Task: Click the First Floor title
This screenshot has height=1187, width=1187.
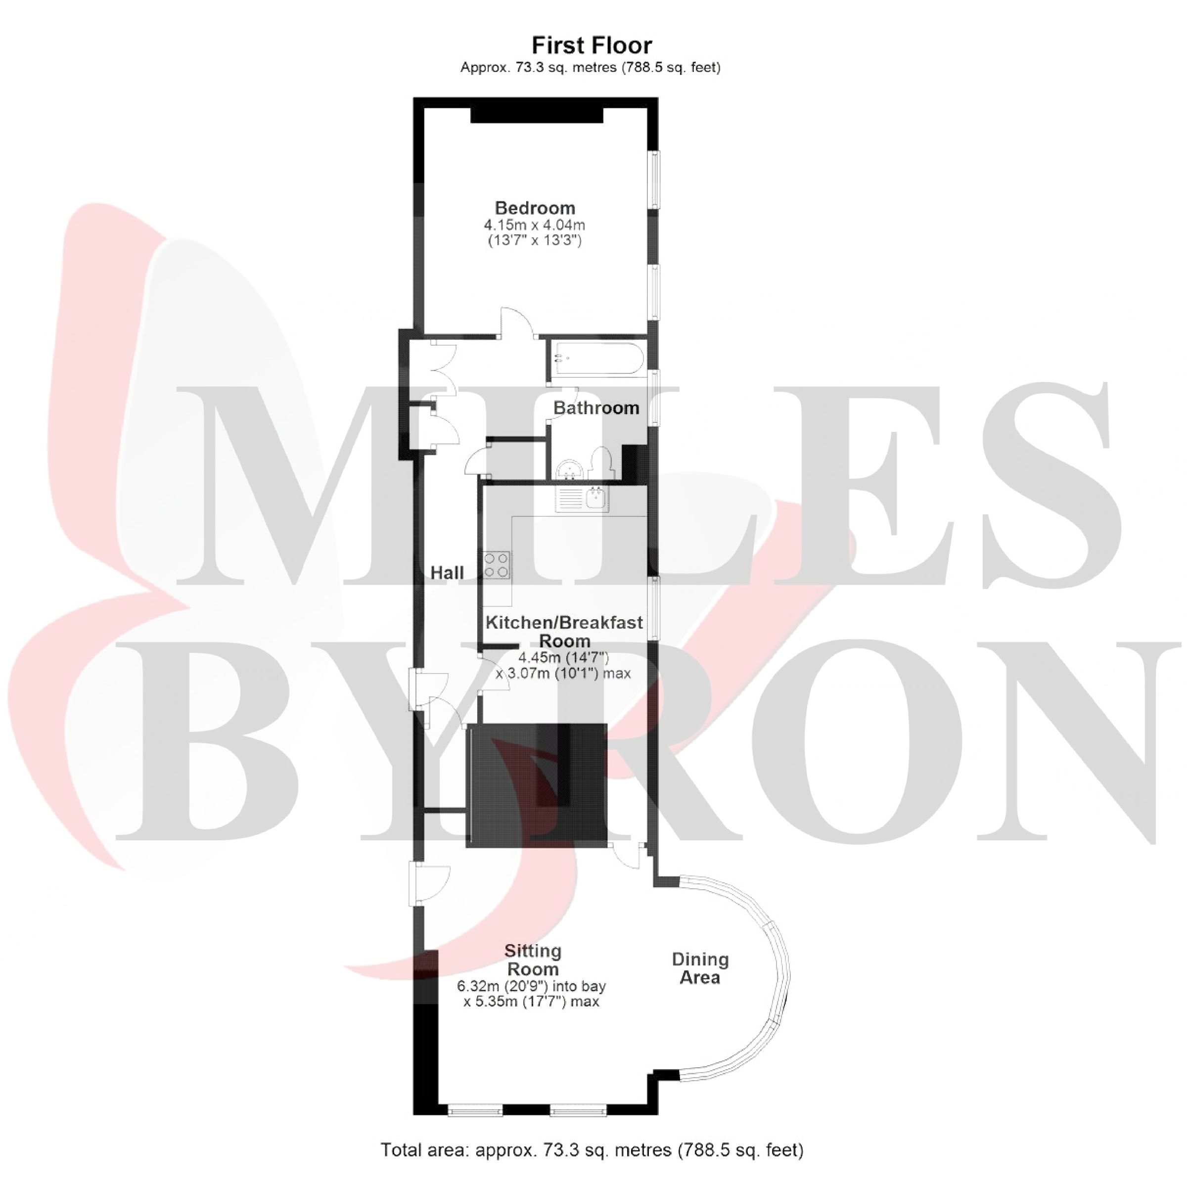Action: [x=592, y=46]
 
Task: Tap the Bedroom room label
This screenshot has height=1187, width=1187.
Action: [x=535, y=208]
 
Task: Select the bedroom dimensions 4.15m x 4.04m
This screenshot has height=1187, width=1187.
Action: [x=535, y=225]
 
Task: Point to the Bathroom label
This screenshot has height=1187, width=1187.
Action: [x=596, y=408]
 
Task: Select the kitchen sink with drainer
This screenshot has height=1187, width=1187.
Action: [x=581, y=500]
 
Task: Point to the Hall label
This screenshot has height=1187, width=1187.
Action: [x=447, y=573]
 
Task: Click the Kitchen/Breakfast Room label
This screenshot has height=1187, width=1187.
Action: [x=564, y=632]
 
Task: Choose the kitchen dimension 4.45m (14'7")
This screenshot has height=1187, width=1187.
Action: [x=563, y=658]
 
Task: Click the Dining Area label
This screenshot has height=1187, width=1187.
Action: [x=700, y=968]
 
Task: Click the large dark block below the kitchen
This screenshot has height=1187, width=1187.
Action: [x=536, y=786]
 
